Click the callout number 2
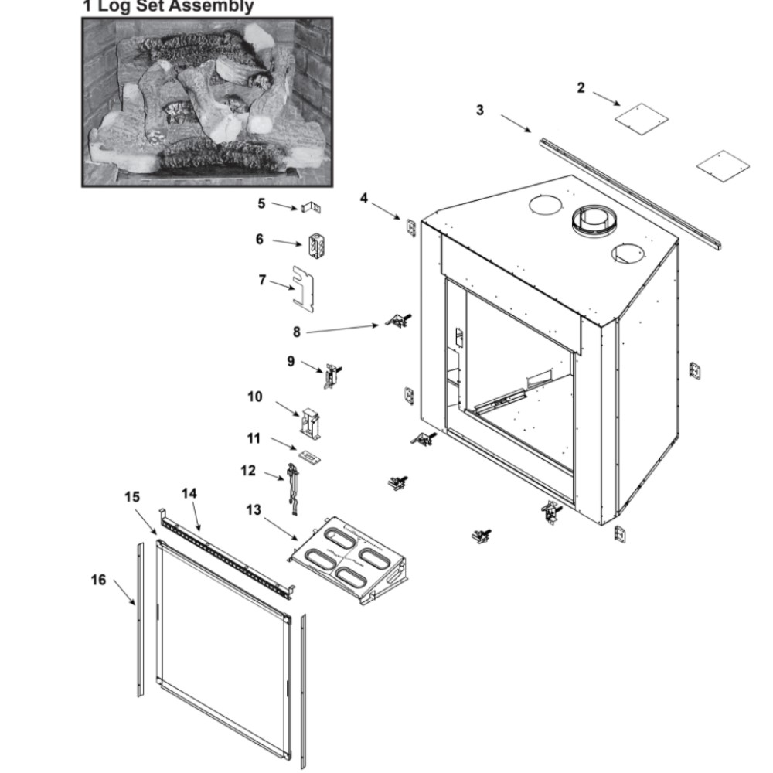tap(581, 87)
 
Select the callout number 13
tap(253, 510)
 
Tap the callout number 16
tap(99, 581)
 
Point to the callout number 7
tap(263, 279)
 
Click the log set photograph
tap(207, 101)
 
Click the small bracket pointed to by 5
tap(312, 208)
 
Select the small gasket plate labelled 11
tap(309, 457)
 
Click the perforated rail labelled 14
tap(224, 553)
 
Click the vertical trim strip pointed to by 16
tap(140, 611)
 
